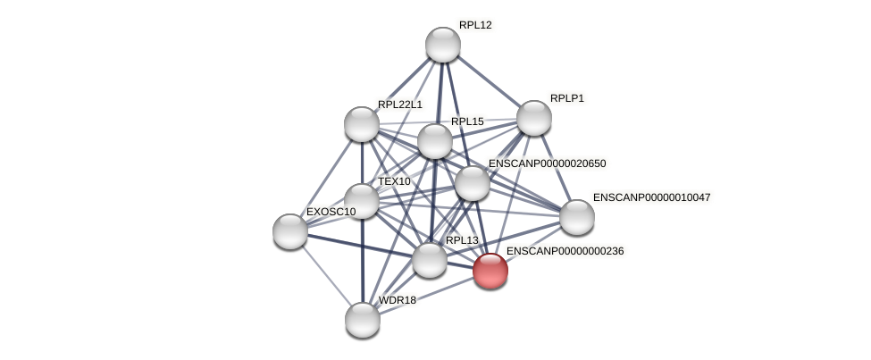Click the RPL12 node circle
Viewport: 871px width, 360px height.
tap(442, 45)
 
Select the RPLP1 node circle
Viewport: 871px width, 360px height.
tap(533, 118)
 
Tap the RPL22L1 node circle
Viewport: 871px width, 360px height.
tap(362, 124)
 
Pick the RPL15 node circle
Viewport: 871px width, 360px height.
tap(435, 141)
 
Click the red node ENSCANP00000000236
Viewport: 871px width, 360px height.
tap(490, 271)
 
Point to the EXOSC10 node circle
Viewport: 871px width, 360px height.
tap(290, 231)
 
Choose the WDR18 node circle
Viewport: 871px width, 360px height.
tap(363, 320)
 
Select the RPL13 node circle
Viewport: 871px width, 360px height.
tap(430, 260)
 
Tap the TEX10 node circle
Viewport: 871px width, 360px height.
tap(362, 201)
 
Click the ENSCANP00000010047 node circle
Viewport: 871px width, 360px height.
tap(577, 217)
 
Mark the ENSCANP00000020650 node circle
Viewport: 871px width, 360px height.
tap(473, 183)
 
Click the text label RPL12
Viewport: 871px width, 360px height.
tap(475, 25)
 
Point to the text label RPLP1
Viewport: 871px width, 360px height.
tap(566, 98)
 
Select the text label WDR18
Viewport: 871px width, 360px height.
tap(397, 300)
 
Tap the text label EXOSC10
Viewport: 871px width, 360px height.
tap(331, 212)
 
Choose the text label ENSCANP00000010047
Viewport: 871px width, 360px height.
tap(651, 197)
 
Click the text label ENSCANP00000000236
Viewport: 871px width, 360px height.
tap(565, 251)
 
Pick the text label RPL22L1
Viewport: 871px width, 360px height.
tap(399, 105)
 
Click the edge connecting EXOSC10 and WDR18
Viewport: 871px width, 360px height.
tap(326, 275)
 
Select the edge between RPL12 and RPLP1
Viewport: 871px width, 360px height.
tap(488, 81)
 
